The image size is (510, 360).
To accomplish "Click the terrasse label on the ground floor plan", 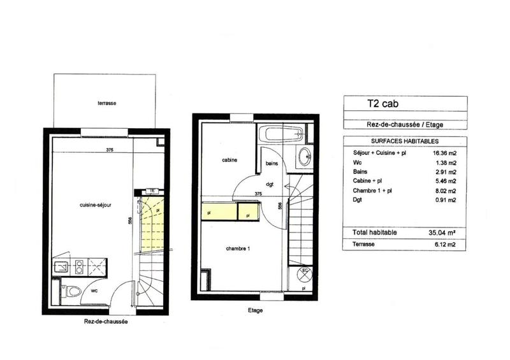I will [106, 103].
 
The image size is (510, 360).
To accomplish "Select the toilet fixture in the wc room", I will [73, 292].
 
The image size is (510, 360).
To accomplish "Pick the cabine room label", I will [229, 160].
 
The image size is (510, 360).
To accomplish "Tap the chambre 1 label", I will [237, 248].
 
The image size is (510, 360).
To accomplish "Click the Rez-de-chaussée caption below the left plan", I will [106, 322].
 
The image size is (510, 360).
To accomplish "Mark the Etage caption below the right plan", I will [254, 310].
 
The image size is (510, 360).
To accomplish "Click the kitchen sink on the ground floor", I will [61, 266].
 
